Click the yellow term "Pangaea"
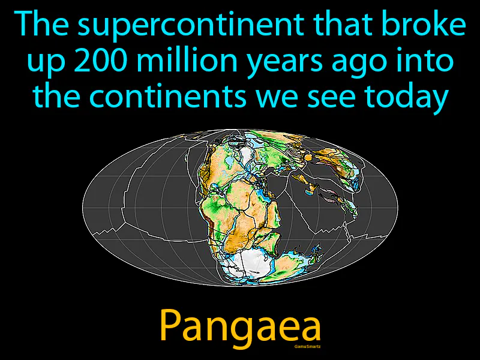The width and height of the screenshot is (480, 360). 240,327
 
